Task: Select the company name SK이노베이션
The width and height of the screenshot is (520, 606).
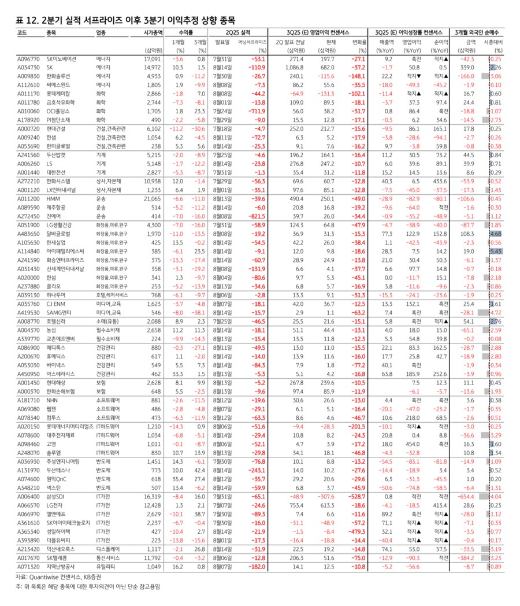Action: (x=61, y=59)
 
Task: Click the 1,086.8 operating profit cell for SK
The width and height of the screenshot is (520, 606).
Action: (x=292, y=67)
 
